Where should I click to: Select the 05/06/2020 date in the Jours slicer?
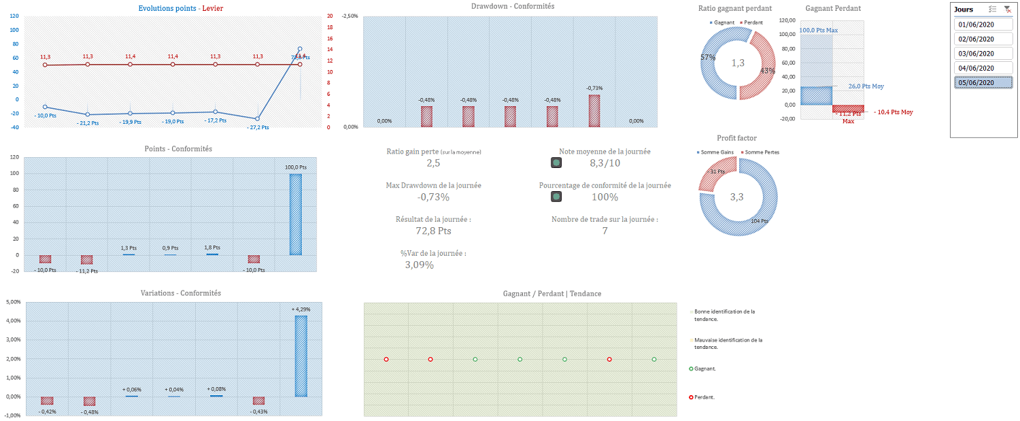tap(975, 82)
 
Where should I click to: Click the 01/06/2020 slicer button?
tap(975, 25)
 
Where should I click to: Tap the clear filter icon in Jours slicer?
tap(1007, 10)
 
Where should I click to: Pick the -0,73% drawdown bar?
tap(594, 111)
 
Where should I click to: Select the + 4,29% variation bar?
tap(301, 356)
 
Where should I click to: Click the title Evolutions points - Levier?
tap(180, 8)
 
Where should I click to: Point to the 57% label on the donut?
tap(708, 58)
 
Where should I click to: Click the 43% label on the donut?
tap(767, 71)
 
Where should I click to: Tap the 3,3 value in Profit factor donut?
tap(737, 197)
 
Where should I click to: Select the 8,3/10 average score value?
tap(605, 163)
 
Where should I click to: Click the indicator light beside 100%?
tap(556, 197)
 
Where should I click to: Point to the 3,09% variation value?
tap(419, 265)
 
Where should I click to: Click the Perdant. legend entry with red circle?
tap(704, 397)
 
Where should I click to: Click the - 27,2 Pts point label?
tap(256, 127)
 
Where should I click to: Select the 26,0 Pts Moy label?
tap(866, 86)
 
